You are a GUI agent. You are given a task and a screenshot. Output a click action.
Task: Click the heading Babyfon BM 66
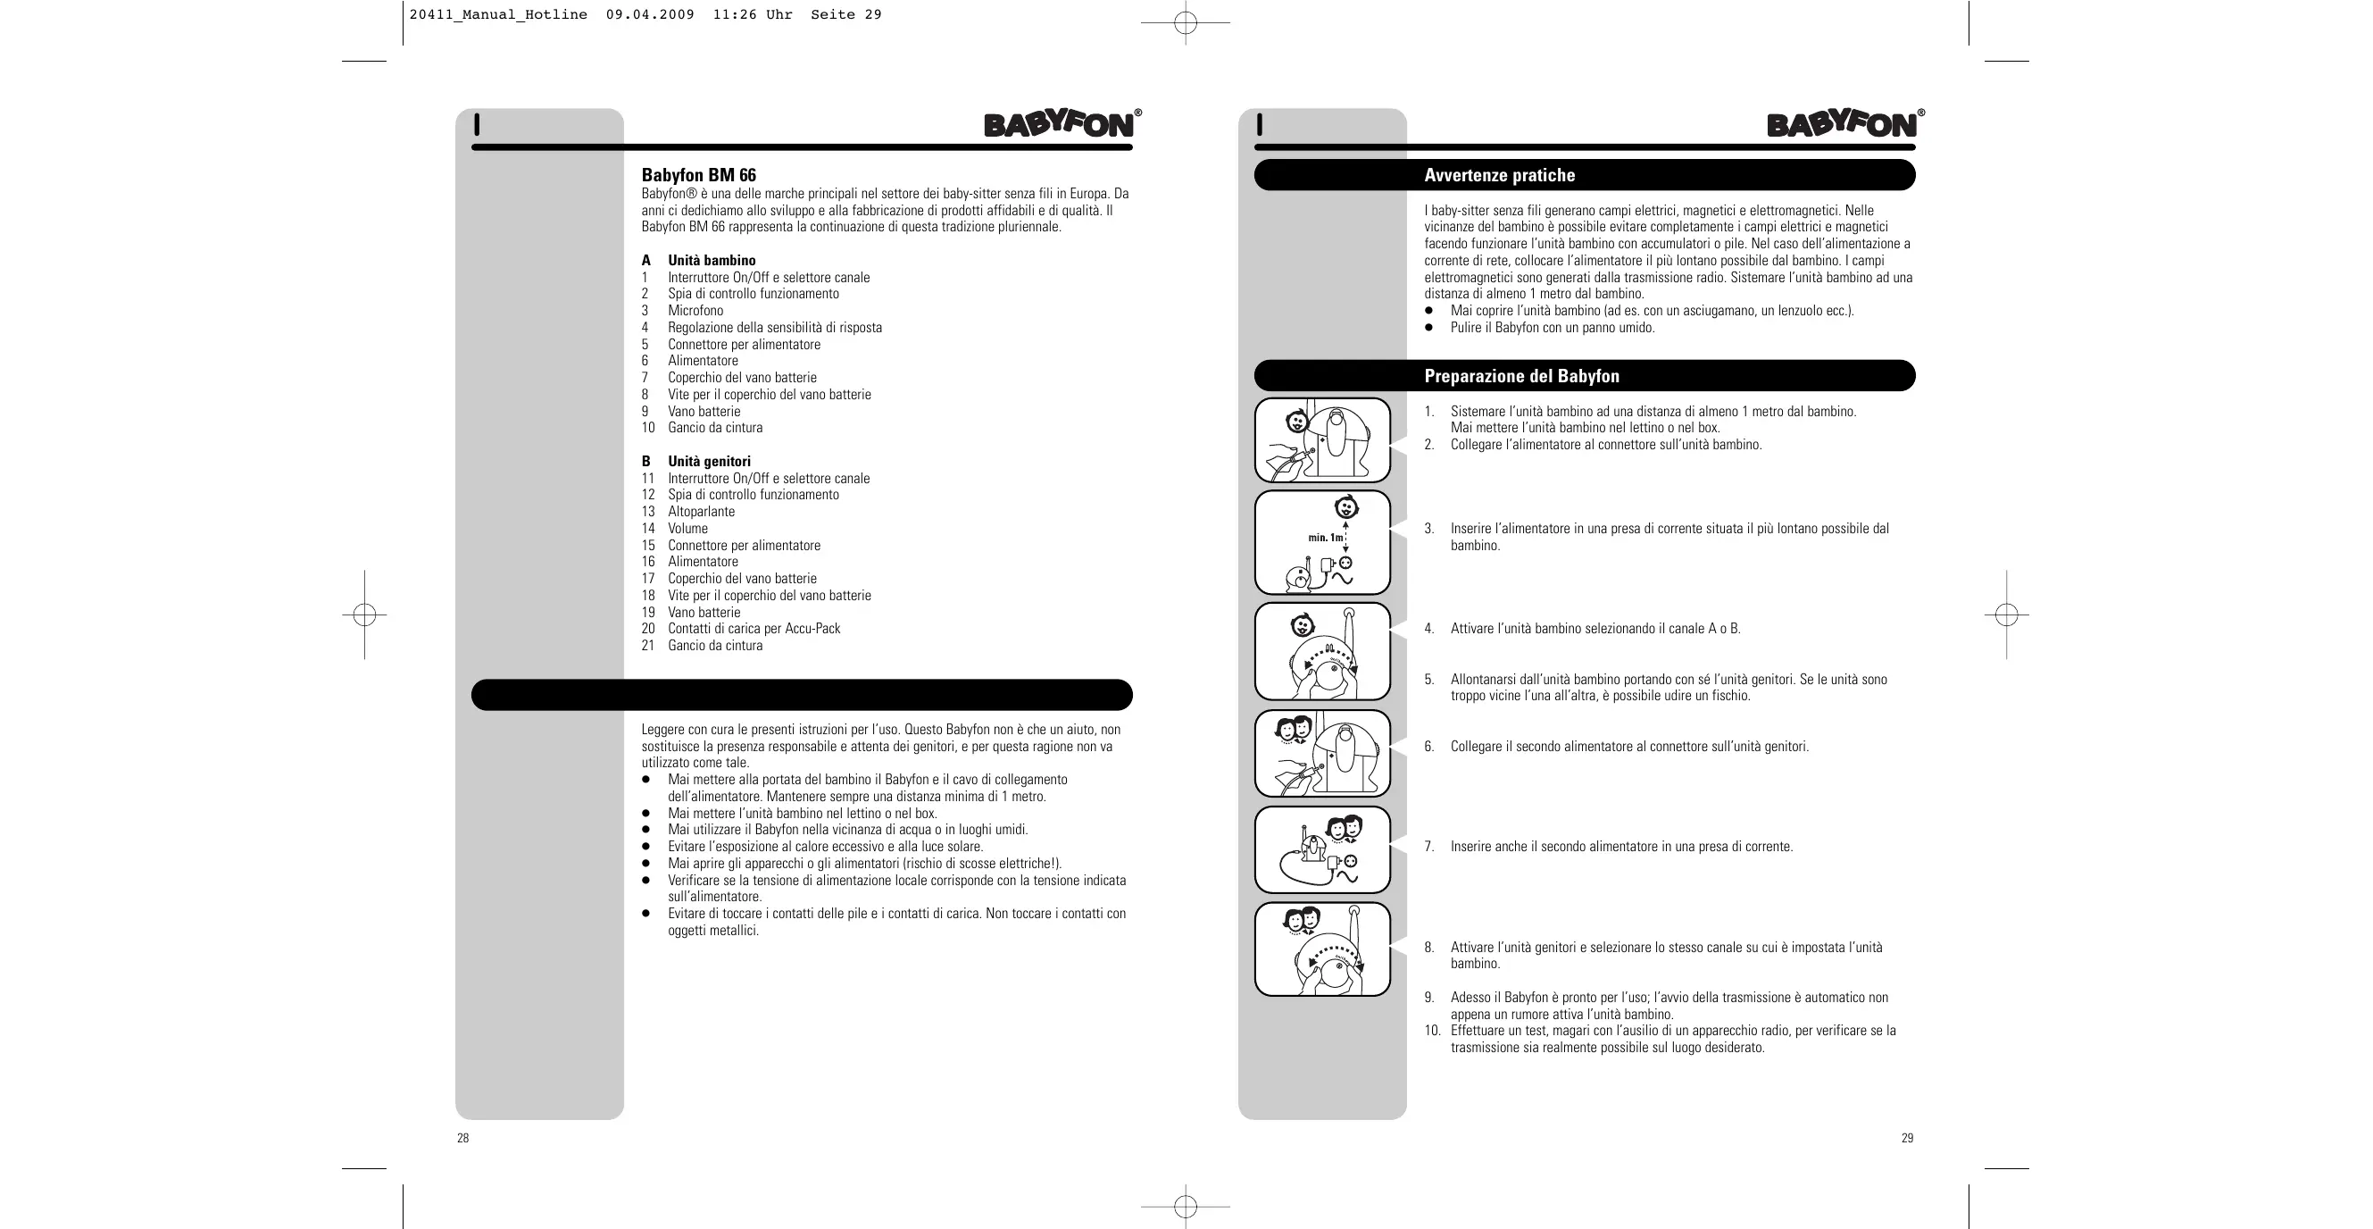click(x=698, y=175)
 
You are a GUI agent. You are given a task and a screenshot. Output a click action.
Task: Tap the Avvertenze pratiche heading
click(x=1499, y=175)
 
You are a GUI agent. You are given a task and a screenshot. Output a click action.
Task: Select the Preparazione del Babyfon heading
click(x=1521, y=376)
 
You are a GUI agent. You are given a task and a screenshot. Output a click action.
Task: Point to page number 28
click(x=462, y=1139)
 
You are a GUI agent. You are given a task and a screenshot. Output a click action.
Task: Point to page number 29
click(x=1907, y=1139)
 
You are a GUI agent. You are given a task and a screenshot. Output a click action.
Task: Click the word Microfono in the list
click(x=695, y=311)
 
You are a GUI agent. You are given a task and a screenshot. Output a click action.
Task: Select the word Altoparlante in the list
click(x=701, y=511)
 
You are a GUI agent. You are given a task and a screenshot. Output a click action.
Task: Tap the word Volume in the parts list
click(x=688, y=529)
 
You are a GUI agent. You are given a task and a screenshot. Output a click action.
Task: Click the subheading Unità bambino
click(x=712, y=261)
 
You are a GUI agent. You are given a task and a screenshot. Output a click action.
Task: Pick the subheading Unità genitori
click(x=710, y=462)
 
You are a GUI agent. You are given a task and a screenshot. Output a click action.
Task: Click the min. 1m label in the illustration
click(x=1325, y=537)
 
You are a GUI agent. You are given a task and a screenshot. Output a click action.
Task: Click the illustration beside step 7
click(x=1322, y=849)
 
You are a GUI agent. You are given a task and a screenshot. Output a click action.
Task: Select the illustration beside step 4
click(x=1322, y=651)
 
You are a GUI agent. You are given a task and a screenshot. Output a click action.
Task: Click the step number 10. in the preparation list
click(x=1432, y=1031)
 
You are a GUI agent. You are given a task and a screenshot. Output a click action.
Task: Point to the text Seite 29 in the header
click(x=845, y=15)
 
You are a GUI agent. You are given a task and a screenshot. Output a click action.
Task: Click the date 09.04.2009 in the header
click(x=649, y=15)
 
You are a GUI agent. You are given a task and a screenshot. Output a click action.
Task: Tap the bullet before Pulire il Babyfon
click(x=1429, y=328)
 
